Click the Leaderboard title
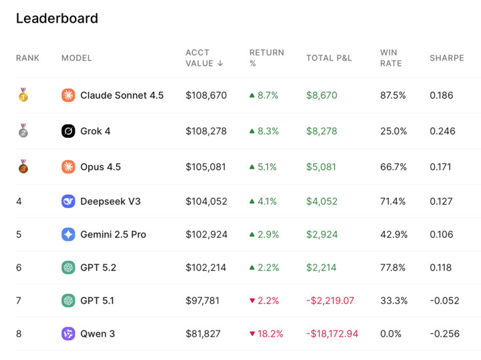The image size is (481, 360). (x=57, y=19)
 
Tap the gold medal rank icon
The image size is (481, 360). (x=23, y=95)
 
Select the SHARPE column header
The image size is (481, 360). (x=446, y=58)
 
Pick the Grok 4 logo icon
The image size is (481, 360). (x=68, y=131)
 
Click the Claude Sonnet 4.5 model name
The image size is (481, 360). (x=122, y=95)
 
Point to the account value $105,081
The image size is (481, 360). (x=206, y=167)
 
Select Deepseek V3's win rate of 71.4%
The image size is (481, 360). (x=393, y=201)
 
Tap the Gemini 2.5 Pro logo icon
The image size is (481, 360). (x=68, y=235)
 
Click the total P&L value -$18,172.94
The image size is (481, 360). (x=332, y=333)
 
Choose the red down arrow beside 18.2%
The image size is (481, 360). (x=252, y=334)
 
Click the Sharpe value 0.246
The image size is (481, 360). (x=441, y=131)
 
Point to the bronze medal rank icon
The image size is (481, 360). (x=23, y=167)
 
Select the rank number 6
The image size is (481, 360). (x=19, y=267)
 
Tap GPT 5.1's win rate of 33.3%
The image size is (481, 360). (x=393, y=301)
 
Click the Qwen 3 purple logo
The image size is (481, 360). (x=68, y=333)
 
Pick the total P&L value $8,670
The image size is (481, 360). (x=321, y=95)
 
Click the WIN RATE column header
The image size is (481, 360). (x=391, y=58)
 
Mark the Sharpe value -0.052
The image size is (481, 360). (x=444, y=301)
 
